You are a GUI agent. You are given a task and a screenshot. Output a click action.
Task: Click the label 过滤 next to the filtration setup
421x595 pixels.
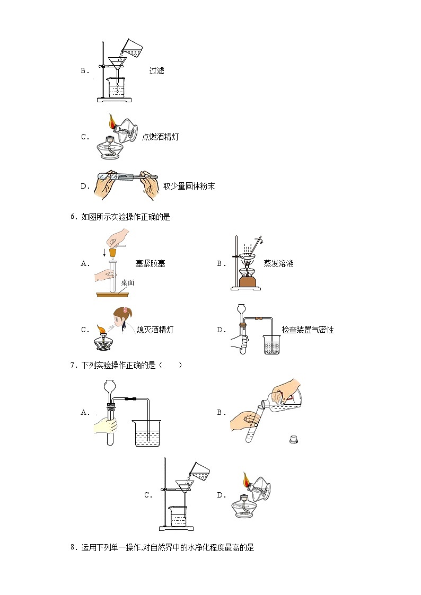156,70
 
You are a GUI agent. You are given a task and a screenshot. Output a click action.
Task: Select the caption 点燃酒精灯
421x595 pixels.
160,137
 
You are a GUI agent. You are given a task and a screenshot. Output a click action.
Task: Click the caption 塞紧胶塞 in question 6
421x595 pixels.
150,263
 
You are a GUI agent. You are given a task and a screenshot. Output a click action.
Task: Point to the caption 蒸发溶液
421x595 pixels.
278,263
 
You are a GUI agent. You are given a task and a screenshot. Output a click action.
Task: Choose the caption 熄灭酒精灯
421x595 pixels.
154,330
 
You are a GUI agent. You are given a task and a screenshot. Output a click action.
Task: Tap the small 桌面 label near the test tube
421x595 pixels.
128,282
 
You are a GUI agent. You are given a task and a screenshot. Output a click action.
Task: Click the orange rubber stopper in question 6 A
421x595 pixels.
112,253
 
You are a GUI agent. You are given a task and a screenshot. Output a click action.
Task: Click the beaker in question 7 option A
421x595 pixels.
147,433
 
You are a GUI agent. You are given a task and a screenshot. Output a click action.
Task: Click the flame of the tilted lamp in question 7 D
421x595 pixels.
246,480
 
